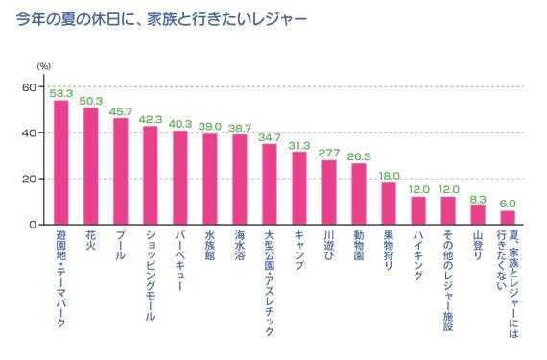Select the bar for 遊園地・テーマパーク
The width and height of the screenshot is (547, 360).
tap(61, 163)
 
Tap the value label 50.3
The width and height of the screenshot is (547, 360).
tap(91, 100)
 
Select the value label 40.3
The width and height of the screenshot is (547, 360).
tap(180, 123)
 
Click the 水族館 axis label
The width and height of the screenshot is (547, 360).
tap(210, 248)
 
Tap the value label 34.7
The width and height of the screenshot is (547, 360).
tap(270, 136)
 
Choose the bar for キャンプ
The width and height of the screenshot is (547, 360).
tap(299, 188)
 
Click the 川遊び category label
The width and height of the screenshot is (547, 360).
tap(329, 248)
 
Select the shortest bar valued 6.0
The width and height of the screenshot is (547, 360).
tap(508, 217)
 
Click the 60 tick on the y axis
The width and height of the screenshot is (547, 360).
tap(30, 87)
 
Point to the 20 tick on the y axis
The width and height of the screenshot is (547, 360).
tap(30, 180)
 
